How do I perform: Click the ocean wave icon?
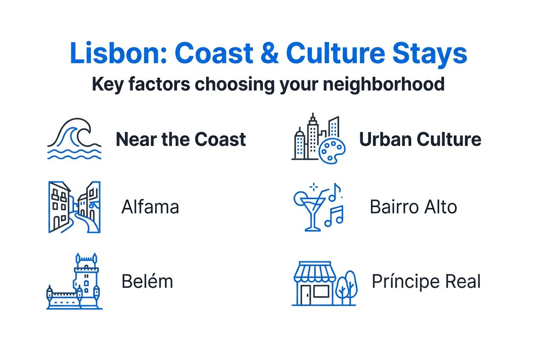(74, 139)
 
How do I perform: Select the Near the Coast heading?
(181, 139)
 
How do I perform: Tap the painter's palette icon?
(332, 150)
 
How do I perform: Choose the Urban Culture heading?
(420, 139)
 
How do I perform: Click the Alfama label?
(150, 207)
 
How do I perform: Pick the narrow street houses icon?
(74, 207)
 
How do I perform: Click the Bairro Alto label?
(413, 207)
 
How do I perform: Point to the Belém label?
(147, 281)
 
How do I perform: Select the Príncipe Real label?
(426, 281)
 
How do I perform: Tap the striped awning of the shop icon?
(315, 272)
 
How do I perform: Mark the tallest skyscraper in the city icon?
(313, 136)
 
